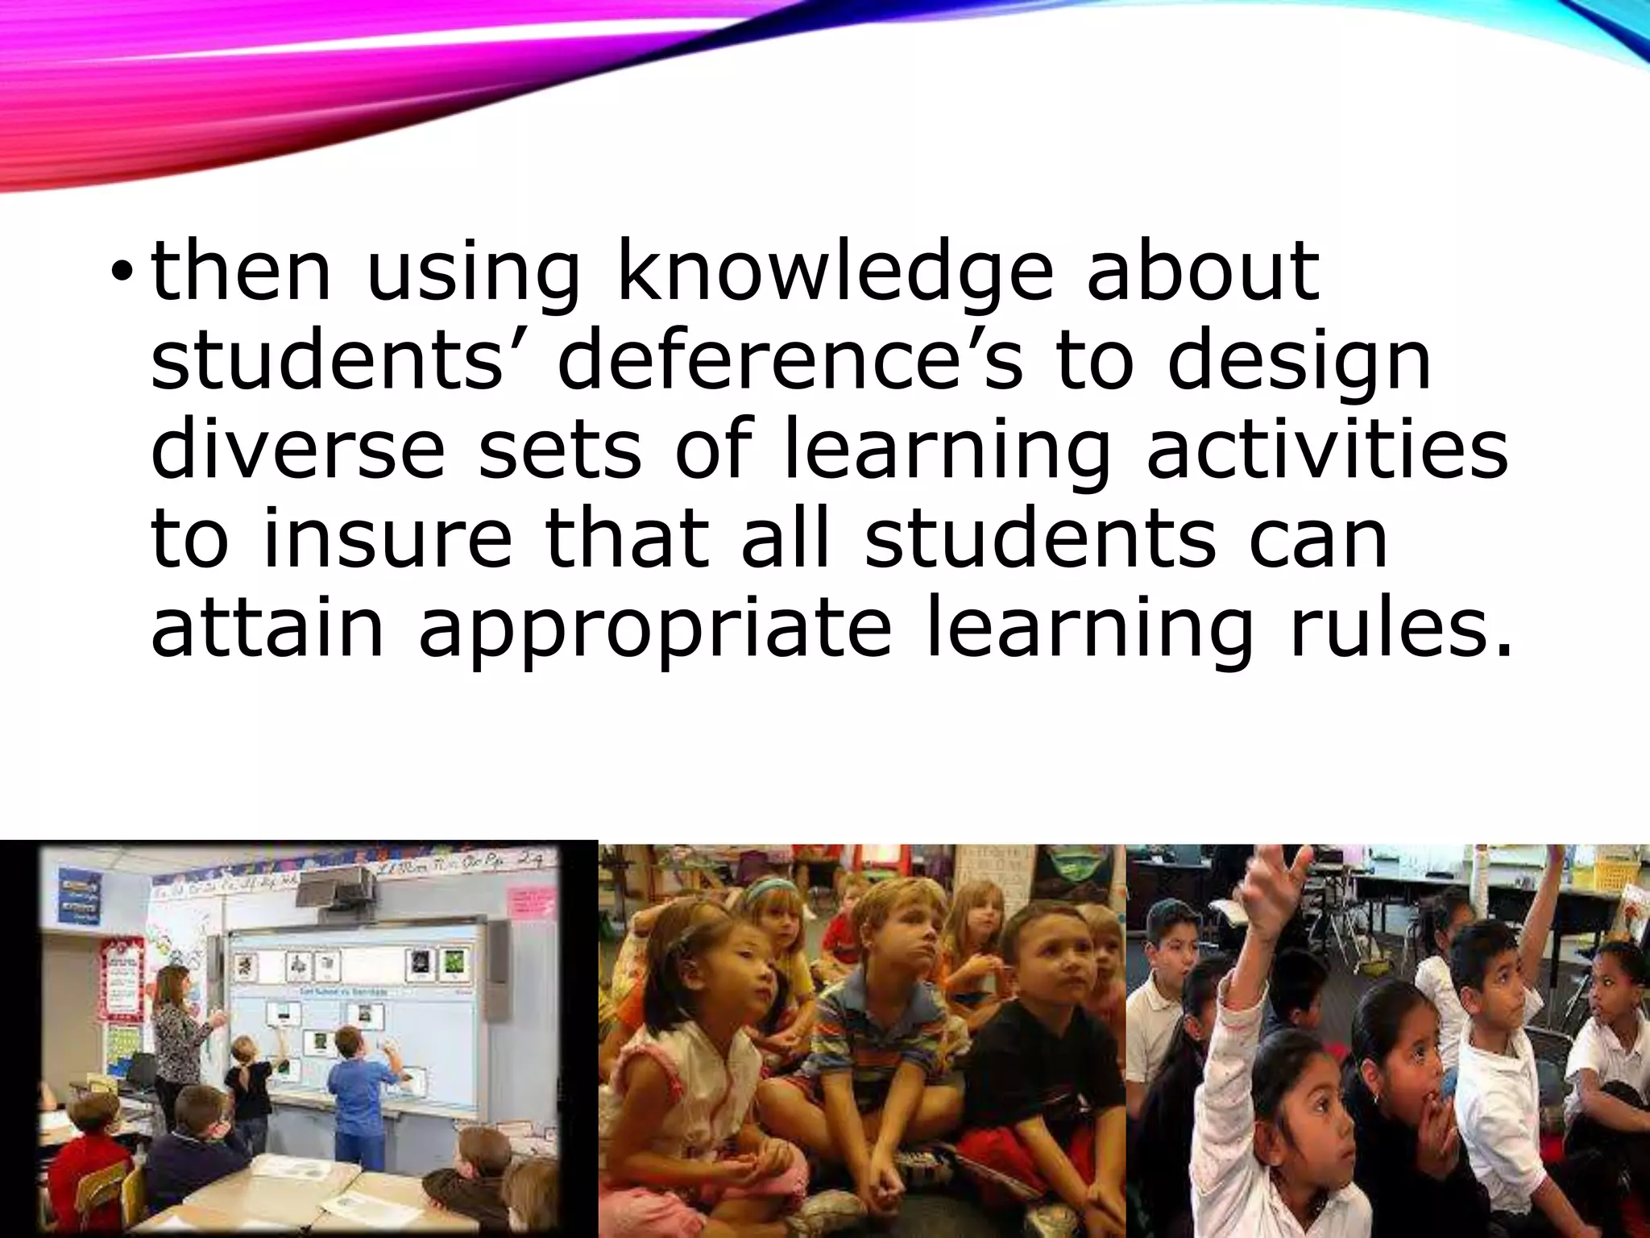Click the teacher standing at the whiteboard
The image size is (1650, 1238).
click(x=182, y=1040)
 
